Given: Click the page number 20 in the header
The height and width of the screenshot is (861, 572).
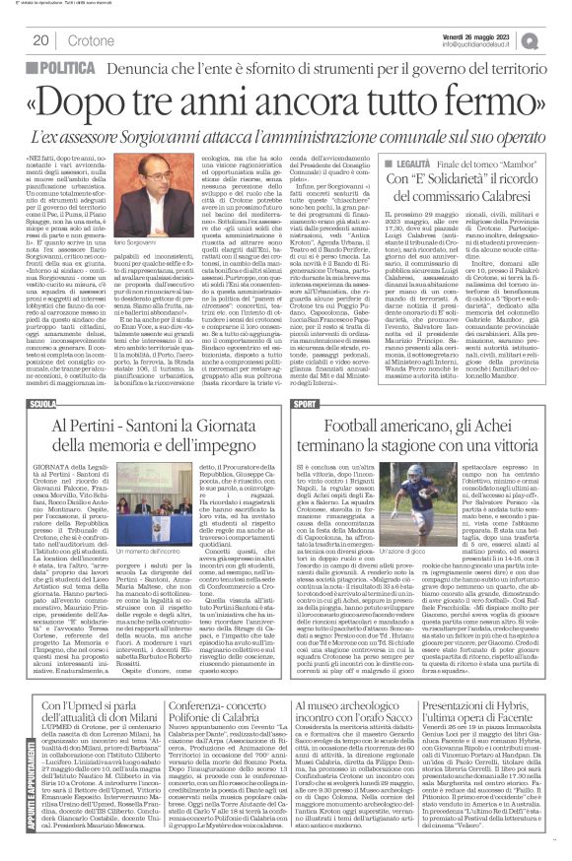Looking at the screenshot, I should [x=41, y=39].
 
